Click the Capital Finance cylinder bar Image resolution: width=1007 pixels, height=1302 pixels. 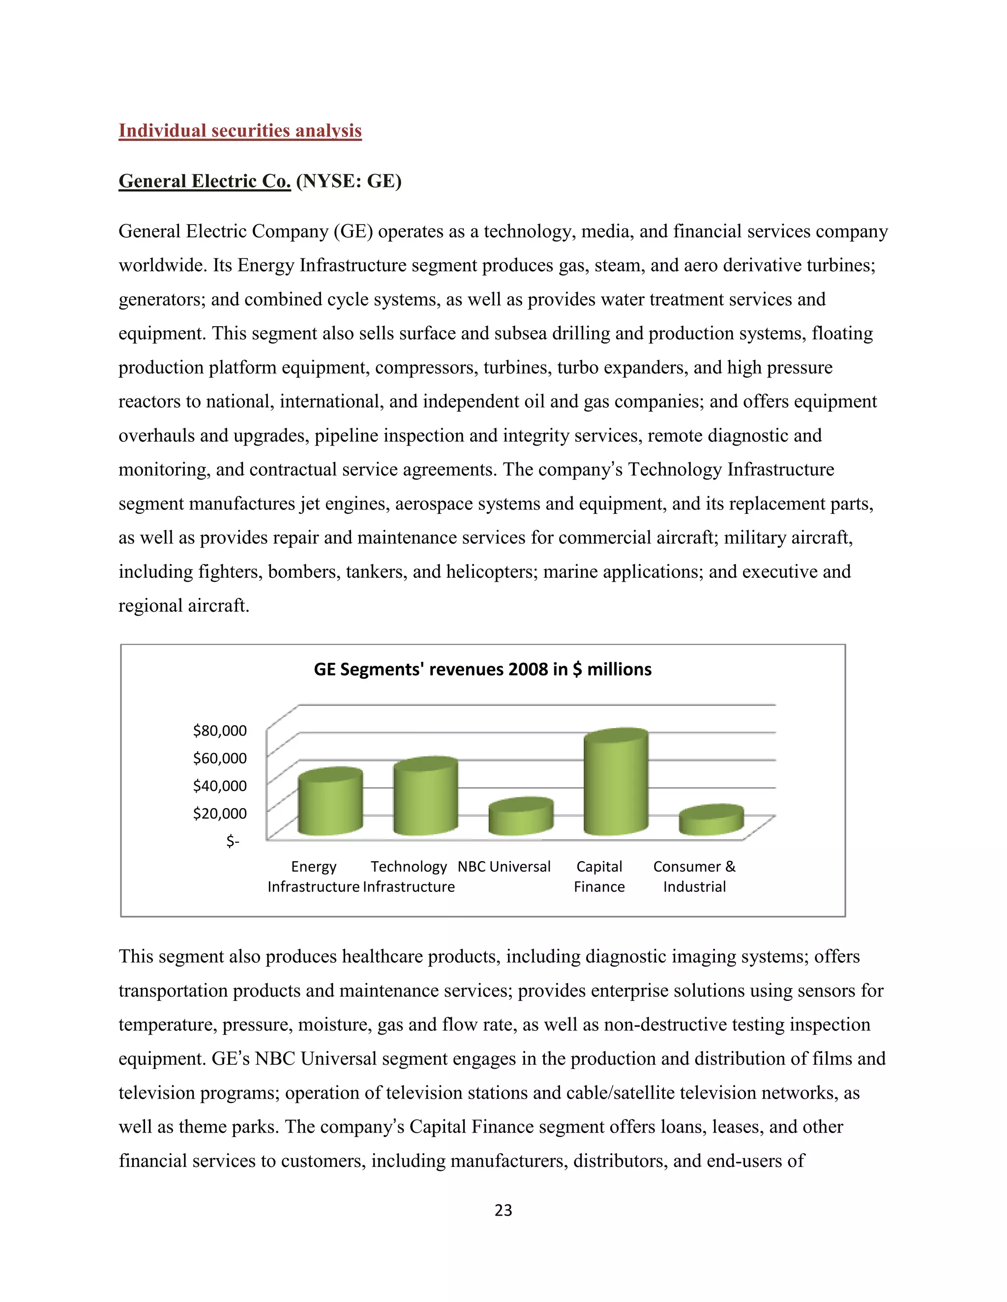[616, 784]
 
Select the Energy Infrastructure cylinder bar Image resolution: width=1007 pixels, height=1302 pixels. [330, 802]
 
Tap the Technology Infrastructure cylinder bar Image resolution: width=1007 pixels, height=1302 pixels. [425, 797]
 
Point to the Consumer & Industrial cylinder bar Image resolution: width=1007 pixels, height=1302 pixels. [711, 821]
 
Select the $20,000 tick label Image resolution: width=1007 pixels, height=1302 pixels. [219, 814]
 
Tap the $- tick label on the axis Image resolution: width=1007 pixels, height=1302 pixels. [233, 841]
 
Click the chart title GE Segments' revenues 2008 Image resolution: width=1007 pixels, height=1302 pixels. [483, 670]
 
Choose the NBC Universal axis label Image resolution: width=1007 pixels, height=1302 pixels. [504, 867]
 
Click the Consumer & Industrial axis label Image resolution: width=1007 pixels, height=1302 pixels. [694, 877]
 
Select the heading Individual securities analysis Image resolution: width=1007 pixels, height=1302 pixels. [240, 131]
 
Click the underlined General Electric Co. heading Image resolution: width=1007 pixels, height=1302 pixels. [205, 181]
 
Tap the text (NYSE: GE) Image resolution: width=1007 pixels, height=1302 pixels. [349, 181]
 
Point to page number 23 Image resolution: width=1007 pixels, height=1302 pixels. [503, 1211]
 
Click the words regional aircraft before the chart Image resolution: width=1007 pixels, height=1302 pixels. [184, 606]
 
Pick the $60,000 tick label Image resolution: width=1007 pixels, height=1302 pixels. [219, 758]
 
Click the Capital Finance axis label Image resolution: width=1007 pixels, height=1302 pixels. [599, 877]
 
